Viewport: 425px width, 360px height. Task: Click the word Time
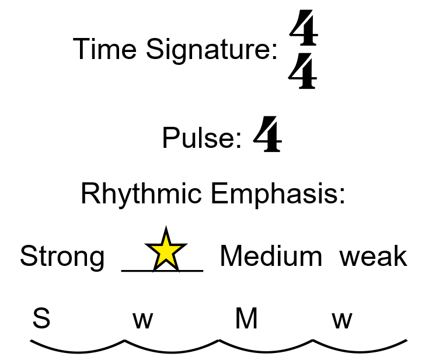pos(106,49)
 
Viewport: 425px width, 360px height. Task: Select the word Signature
pos(211,50)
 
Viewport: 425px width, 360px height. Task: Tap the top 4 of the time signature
pos(304,32)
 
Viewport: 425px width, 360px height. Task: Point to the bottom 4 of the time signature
pos(304,73)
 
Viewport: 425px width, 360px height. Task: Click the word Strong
pos(62,257)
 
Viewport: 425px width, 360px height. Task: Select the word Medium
pos(271,256)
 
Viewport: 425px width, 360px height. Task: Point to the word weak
pos(373,256)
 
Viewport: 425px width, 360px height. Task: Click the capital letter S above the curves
pos(41,319)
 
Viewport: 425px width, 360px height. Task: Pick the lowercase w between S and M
pos(142,320)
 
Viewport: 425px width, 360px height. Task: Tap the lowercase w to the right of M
pos(342,320)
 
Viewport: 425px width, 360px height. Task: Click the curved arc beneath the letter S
pos(77,351)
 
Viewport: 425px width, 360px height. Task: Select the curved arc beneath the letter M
pos(266,351)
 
